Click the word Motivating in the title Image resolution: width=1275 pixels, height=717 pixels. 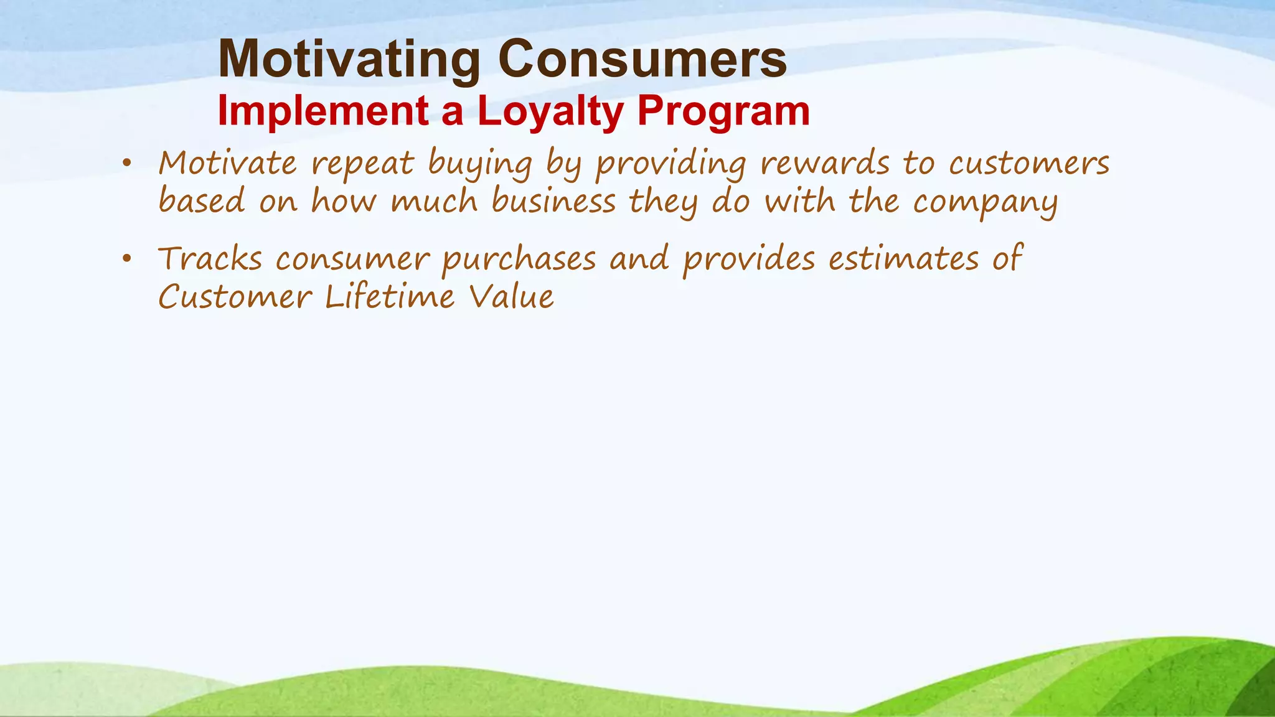[x=349, y=60]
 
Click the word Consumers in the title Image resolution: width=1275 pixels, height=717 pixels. [x=642, y=60]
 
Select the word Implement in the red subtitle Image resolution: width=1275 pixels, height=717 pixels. [x=322, y=112]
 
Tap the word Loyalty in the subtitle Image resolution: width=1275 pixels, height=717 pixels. [x=550, y=112]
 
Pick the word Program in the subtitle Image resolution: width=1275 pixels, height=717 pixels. [x=723, y=112]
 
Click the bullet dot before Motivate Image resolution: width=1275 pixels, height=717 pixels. [x=127, y=164]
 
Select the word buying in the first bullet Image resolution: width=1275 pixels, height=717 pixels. [x=480, y=166]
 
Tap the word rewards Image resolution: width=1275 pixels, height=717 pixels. [x=825, y=164]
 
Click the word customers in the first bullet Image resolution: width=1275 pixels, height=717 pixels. [x=1029, y=164]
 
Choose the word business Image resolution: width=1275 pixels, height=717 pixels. [x=553, y=202]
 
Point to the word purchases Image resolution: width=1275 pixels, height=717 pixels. [x=519, y=260]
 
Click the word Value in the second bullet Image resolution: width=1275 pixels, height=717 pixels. [x=511, y=297]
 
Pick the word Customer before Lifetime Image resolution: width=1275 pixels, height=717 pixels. [x=235, y=297]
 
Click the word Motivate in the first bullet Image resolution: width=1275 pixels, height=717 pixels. [x=228, y=164]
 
